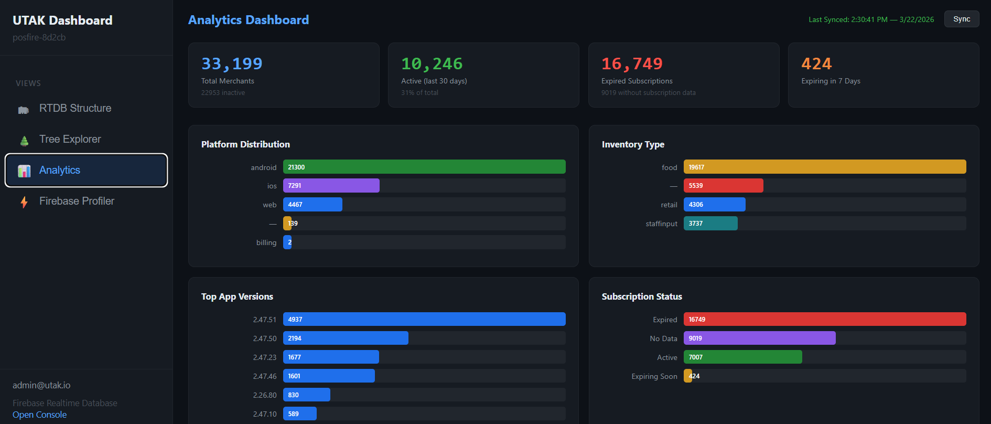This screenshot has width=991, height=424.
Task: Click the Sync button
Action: (x=961, y=19)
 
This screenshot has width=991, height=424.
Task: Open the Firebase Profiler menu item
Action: (x=77, y=201)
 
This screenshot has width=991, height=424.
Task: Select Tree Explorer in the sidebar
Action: (x=70, y=139)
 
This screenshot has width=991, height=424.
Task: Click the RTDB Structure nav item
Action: (x=75, y=108)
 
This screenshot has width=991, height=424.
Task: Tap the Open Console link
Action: (x=39, y=415)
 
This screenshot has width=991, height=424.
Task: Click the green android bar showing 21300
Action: (x=424, y=167)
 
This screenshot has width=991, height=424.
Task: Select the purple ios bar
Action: (x=331, y=186)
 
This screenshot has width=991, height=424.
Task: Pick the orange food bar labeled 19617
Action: (x=824, y=167)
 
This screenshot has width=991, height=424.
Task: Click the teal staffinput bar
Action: (x=710, y=224)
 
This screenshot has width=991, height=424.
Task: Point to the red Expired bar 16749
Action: (x=824, y=319)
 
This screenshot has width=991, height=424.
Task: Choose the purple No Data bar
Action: (x=759, y=338)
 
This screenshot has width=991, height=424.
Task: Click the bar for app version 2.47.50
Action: (x=346, y=338)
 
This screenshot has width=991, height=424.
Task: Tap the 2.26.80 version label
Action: (x=264, y=395)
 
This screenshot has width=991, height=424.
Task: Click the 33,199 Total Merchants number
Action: (x=232, y=63)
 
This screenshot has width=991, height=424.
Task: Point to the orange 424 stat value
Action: (x=816, y=63)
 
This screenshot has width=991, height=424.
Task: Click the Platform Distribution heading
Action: (x=245, y=144)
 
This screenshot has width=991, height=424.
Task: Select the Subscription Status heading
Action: (x=642, y=296)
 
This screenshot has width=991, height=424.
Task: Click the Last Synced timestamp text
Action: (x=871, y=19)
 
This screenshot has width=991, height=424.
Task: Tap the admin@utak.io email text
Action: (x=41, y=385)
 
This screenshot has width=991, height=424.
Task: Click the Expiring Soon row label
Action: (x=654, y=376)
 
